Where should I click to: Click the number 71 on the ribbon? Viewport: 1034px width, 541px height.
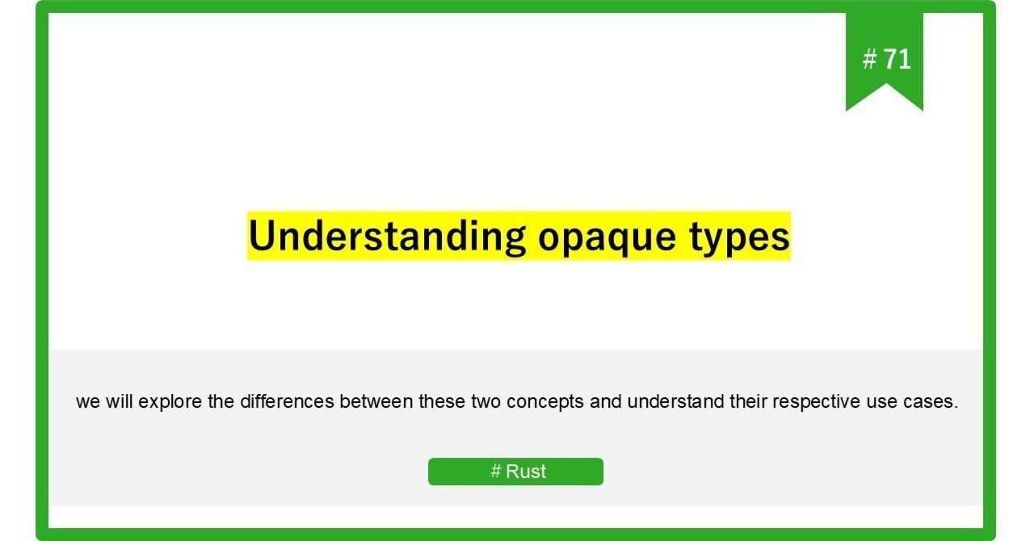(897, 59)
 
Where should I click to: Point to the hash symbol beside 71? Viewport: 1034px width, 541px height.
(869, 59)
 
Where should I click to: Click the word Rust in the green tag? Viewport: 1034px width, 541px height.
(526, 472)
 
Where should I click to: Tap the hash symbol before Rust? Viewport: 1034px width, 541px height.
(496, 472)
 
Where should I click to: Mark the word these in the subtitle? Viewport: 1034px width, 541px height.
(441, 401)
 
